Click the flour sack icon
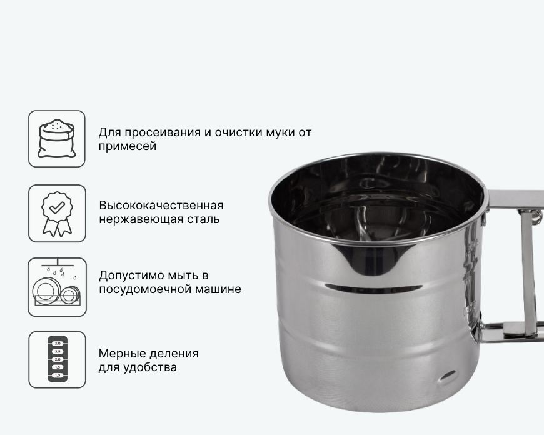point(56,138)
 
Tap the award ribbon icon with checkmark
point(58,214)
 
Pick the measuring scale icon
point(58,359)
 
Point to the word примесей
point(128,147)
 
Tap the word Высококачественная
point(161,206)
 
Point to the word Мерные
point(121,354)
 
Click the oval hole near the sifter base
point(448,376)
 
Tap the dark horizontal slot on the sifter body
point(374,287)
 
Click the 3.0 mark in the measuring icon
point(58,343)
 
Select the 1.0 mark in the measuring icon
point(58,376)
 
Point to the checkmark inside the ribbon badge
point(57,207)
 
